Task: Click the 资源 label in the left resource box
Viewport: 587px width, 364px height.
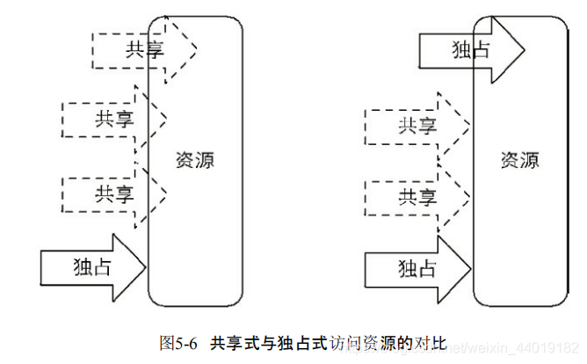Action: (x=195, y=160)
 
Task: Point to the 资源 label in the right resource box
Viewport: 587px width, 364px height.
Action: (x=520, y=160)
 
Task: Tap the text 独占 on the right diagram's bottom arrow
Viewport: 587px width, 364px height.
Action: (x=417, y=266)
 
